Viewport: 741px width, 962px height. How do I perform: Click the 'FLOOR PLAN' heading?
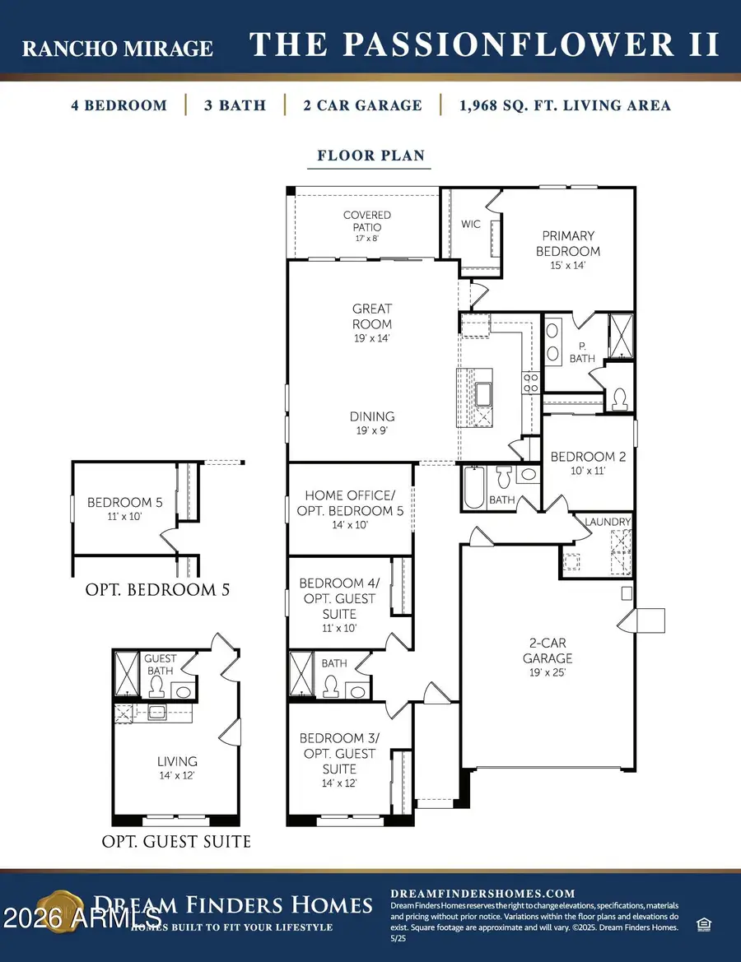[x=370, y=156]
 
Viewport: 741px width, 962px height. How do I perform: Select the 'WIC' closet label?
[x=471, y=224]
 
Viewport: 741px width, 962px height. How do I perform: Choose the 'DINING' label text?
[x=372, y=416]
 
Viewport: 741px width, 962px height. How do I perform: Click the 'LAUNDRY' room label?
[x=608, y=522]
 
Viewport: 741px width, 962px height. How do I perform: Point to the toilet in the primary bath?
[x=619, y=399]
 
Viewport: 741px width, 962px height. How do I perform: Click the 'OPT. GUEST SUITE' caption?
[x=176, y=842]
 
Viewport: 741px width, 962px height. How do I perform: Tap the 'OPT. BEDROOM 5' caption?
[x=157, y=589]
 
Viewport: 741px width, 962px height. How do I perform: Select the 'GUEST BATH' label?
[x=160, y=664]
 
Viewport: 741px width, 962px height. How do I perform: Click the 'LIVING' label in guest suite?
[x=177, y=761]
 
